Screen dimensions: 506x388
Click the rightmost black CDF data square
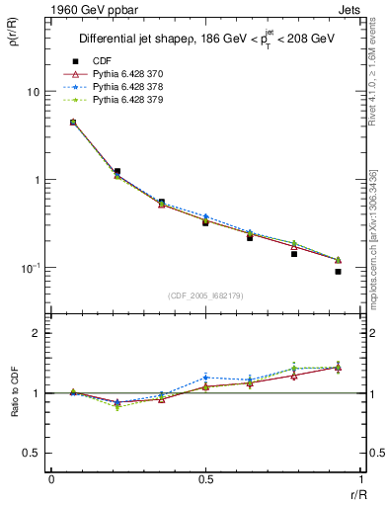pos(338,271)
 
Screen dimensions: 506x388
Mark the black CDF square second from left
pos(116,171)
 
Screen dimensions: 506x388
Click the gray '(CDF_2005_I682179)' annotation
pos(206,295)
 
